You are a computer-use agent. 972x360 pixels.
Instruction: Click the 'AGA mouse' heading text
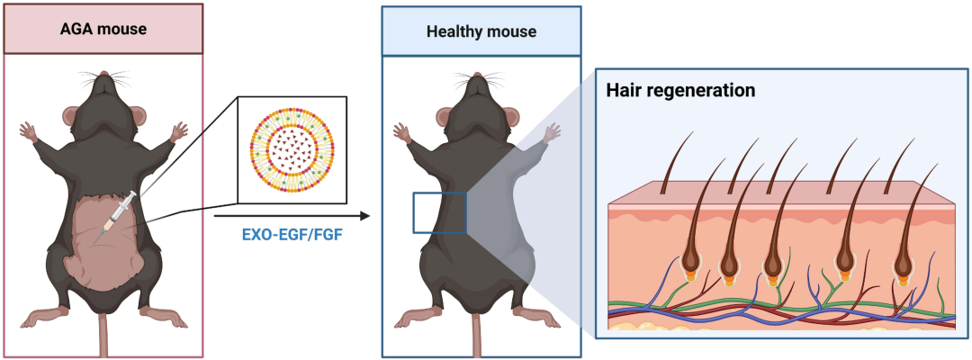[103, 29]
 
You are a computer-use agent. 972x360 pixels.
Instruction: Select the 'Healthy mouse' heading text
[481, 31]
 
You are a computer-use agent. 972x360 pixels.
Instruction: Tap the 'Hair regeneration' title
[680, 90]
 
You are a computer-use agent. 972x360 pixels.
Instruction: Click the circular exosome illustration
[292, 149]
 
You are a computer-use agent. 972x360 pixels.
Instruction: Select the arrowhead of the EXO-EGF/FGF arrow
[364, 216]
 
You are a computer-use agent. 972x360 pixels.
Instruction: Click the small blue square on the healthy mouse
[439, 212]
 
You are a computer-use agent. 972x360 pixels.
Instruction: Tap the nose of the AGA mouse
[103, 75]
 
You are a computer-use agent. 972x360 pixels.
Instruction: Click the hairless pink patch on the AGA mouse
[105, 242]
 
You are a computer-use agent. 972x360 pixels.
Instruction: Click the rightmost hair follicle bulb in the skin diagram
[902, 269]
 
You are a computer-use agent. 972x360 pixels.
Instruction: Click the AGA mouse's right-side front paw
[179, 130]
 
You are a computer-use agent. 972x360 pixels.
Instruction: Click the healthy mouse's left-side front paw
[401, 130]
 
